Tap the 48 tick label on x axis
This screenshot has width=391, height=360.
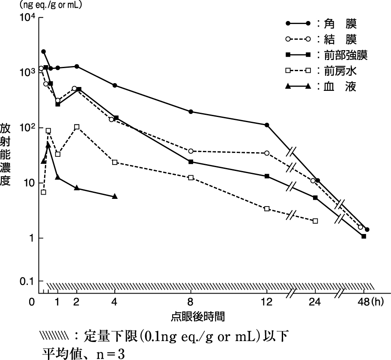point(363,302)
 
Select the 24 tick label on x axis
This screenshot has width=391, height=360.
point(315,302)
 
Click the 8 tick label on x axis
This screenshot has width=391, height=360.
point(191,302)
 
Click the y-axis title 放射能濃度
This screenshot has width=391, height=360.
point(5,154)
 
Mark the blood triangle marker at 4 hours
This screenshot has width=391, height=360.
point(115,196)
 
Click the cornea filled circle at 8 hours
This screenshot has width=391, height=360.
point(191,112)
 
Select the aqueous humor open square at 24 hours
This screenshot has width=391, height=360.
point(315,221)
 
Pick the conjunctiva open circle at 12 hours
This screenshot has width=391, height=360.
point(267,153)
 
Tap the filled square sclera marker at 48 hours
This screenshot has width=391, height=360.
point(364,236)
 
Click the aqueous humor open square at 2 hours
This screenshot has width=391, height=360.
point(77,127)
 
